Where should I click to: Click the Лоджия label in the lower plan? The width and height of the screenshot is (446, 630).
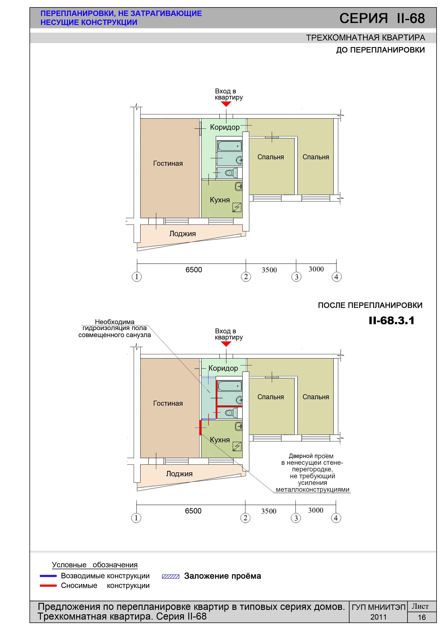point(179,474)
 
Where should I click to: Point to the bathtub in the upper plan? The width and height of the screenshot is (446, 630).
point(229,146)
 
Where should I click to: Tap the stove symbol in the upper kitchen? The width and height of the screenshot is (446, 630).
point(237,207)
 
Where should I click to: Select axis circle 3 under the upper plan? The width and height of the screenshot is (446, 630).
point(296,277)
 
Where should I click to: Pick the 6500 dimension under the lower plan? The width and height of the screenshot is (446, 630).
point(193,511)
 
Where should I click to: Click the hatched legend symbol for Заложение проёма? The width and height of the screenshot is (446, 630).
point(171,576)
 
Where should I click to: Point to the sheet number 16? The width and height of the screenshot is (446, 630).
point(422,617)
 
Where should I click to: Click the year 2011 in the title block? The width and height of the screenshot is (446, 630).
point(378,617)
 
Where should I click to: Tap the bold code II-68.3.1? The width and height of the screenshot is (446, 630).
point(391,321)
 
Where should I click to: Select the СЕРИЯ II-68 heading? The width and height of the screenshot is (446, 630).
point(382,18)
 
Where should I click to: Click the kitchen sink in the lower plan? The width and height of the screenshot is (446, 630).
point(238,426)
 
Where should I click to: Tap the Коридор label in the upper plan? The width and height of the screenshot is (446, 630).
point(225,127)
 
